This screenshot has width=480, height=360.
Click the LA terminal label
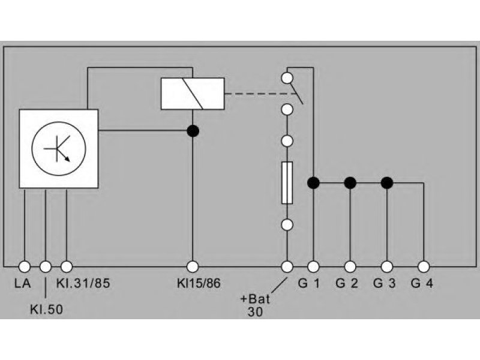click(x=22, y=283)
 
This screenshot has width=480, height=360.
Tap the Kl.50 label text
click(x=46, y=310)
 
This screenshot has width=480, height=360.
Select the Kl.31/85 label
click(x=83, y=283)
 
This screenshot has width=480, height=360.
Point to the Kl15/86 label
click(x=199, y=283)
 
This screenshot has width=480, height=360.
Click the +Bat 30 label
click(x=255, y=305)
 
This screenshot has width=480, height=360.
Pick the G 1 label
click(x=309, y=283)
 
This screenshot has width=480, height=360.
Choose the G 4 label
click(x=422, y=283)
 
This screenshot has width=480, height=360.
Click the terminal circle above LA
click(x=25, y=266)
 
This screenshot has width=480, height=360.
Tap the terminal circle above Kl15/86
click(x=193, y=266)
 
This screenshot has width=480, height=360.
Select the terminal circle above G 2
click(x=350, y=266)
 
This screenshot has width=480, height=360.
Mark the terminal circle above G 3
click(x=387, y=266)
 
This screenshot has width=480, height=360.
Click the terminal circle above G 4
click(x=424, y=266)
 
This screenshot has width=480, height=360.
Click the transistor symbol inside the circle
click(x=58, y=149)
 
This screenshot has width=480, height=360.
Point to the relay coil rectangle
click(x=193, y=94)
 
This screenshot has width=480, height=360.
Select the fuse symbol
click(x=287, y=183)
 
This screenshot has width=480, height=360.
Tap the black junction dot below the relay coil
click(x=193, y=131)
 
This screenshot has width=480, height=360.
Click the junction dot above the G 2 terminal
click(x=350, y=183)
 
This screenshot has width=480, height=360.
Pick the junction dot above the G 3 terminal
click(x=387, y=183)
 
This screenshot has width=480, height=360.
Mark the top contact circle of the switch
click(x=287, y=78)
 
